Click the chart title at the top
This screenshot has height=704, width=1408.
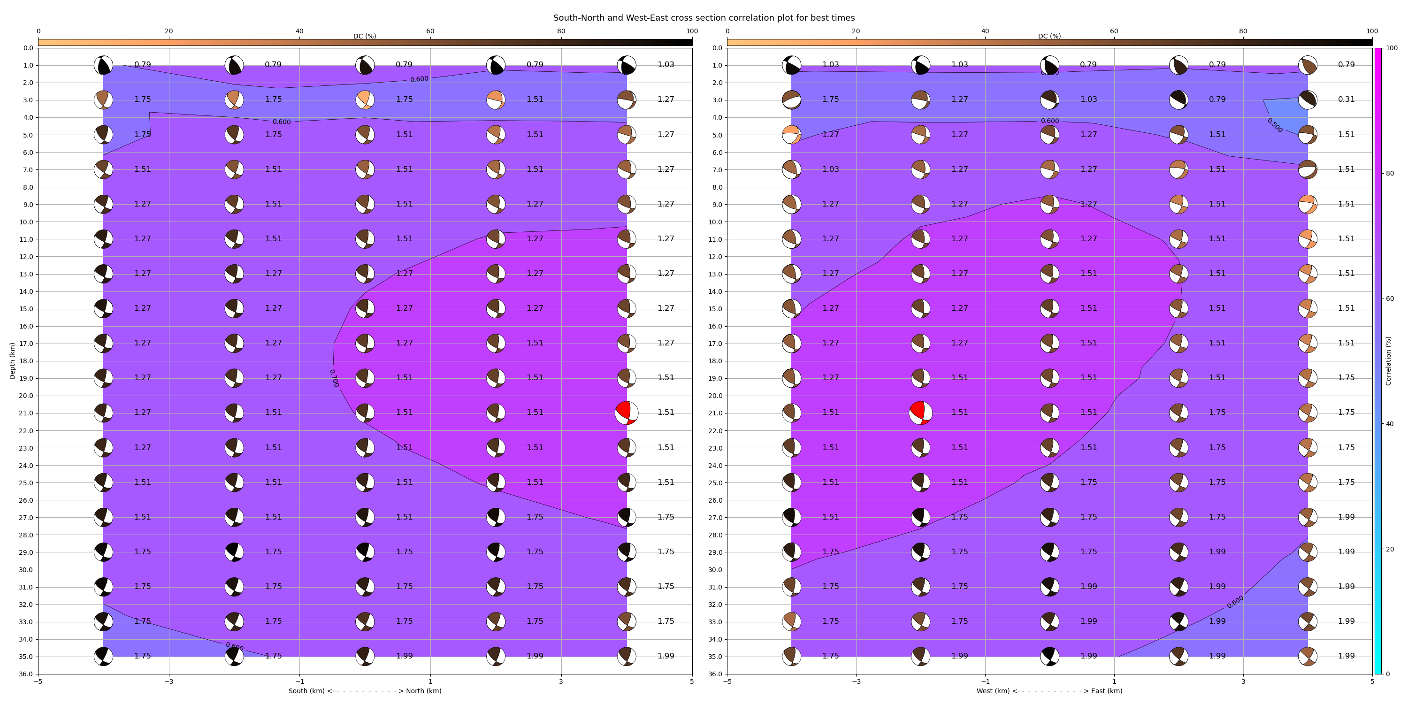(x=704, y=17)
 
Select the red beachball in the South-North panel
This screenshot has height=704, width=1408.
(x=627, y=413)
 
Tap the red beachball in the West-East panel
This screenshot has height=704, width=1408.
(x=920, y=413)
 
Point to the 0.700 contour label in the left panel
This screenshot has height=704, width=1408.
(x=334, y=378)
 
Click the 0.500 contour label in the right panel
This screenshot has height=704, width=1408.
(x=1275, y=125)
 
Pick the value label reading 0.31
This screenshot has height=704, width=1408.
(x=1346, y=99)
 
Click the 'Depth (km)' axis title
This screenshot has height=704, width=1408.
(x=13, y=361)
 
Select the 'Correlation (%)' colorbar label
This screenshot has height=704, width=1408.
(x=1388, y=361)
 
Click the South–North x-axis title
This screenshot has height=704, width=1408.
(x=365, y=691)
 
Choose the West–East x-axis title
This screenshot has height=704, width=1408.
(x=1049, y=691)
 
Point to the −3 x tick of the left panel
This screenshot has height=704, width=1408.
(x=169, y=681)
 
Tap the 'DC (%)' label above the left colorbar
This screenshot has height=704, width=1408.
(x=365, y=36)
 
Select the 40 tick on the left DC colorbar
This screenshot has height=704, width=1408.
(x=299, y=31)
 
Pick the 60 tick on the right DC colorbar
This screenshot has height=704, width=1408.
(x=1114, y=31)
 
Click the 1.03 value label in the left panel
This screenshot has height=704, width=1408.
(x=666, y=64)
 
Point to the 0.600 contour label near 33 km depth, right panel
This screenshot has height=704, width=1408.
(x=1235, y=602)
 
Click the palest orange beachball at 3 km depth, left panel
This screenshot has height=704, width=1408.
(x=365, y=99)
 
